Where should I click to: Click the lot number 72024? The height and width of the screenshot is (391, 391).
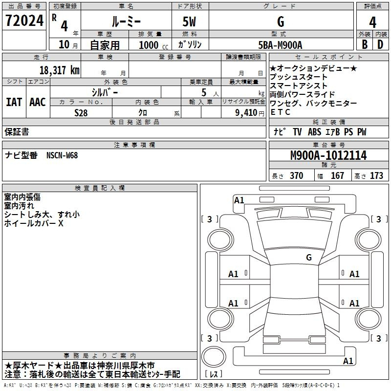pyautogui.click(x=24, y=21)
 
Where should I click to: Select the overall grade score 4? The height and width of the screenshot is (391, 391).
pyautogui.click(x=372, y=22)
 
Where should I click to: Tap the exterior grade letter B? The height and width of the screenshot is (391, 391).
pyautogui.click(x=365, y=44)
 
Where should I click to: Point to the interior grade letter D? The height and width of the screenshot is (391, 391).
pyautogui.click(x=380, y=44)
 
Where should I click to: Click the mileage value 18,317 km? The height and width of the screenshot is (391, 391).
pyautogui.click(x=59, y=70)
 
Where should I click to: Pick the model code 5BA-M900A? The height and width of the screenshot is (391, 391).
pyautogui.click(x=280, y=45)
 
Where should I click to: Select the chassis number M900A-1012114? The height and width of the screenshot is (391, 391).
pyautogui.click(x=328, y=155)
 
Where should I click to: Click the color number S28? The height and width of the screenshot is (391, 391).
pyautogui.click(x=81, y=113)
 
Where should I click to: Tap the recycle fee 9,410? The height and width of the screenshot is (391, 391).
pyautogui.click(x=246, y=113)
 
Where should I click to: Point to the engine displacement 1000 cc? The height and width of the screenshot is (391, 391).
pyautogui.click(x=153, y=45)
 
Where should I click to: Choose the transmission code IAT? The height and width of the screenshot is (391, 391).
pyautogui.click(x=14, y=102)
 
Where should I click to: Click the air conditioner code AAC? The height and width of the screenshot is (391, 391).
pyautogui.click(x=38, y=102)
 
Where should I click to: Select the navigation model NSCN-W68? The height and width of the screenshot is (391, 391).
pyautogui.click(x=62, y=155)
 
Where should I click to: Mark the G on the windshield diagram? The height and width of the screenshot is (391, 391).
pyautogui.click(x=309, y=257)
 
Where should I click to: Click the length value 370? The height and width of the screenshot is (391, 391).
pyautogui.click(x=297, y=175)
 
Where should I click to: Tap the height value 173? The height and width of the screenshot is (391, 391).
pyautogui.click(x=376, y=175)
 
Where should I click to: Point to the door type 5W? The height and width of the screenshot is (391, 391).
pyautogui.click(x=189, y=22)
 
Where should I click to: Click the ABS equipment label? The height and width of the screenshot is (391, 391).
pyautogui.click(x=314, y=132)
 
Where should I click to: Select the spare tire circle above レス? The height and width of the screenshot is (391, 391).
pyautogui.click(x=214, y=356)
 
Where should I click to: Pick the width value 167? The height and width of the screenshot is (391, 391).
pyautogui.click(x=337, y=175)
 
